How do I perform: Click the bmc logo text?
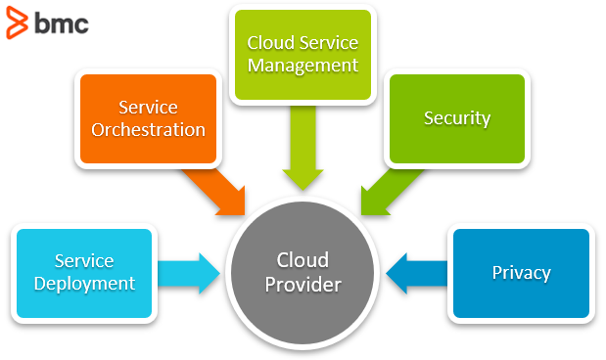click(x=62, y=23)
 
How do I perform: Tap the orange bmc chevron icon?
click(x=17, y=22)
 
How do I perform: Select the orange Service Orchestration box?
click(x=148, y=118)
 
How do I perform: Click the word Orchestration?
click(x=148, y=130)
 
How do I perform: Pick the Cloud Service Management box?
click(x=303, y=55)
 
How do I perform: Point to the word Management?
click(x=303, y=66)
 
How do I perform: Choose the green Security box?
click(x=457, y=118)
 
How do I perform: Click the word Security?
click(x=457, y=118)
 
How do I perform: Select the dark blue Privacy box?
click(x=521, y=273)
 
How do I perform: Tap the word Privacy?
click(x=521, y=273)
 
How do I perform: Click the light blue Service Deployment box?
click(x=84, y=273)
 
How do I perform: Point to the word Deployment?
click(x=84, y=284)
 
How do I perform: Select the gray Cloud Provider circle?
click(x=303, y=272)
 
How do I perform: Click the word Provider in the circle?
click(x=303, y=285)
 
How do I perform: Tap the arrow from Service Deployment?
click(x=189, y=274)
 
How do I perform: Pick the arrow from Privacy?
click(x=417, y=274)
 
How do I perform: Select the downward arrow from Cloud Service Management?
click(x=303, y=148)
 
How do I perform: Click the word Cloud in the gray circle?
click(x=303, y=260)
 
